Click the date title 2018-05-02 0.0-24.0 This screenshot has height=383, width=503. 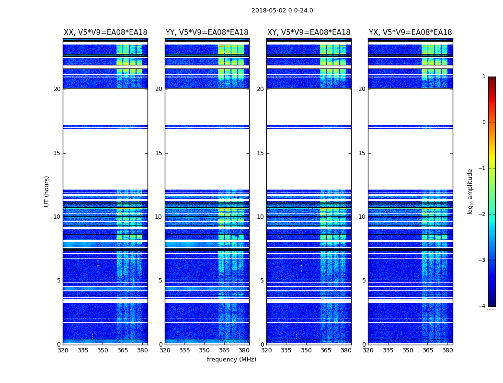[282, 11]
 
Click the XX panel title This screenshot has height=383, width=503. [105, 33]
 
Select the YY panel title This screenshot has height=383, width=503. [207, 33]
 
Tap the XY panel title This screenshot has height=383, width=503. [309, 33]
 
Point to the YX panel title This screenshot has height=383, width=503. [410, 33]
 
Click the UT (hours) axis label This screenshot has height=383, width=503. [46, 191]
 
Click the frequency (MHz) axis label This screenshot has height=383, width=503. [231, 360]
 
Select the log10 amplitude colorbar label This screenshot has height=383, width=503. [470, 191]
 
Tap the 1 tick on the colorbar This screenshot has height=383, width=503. [483, 77]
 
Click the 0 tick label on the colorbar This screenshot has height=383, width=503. [483, 123]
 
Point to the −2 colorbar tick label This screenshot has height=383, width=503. [482, 214]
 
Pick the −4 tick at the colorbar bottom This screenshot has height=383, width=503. [482, 306]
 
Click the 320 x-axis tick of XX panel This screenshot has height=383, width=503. [63, 350]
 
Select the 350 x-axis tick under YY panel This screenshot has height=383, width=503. [205, 350]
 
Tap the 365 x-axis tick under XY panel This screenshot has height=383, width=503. [326, 350]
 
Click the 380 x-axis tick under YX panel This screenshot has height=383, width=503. [447, 350]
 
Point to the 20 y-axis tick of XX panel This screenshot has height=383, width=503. [57, 89]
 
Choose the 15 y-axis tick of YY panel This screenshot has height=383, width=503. [159, 153]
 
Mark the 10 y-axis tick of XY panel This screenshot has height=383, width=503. [260, 217]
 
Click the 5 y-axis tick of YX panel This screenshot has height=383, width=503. [364, 281]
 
